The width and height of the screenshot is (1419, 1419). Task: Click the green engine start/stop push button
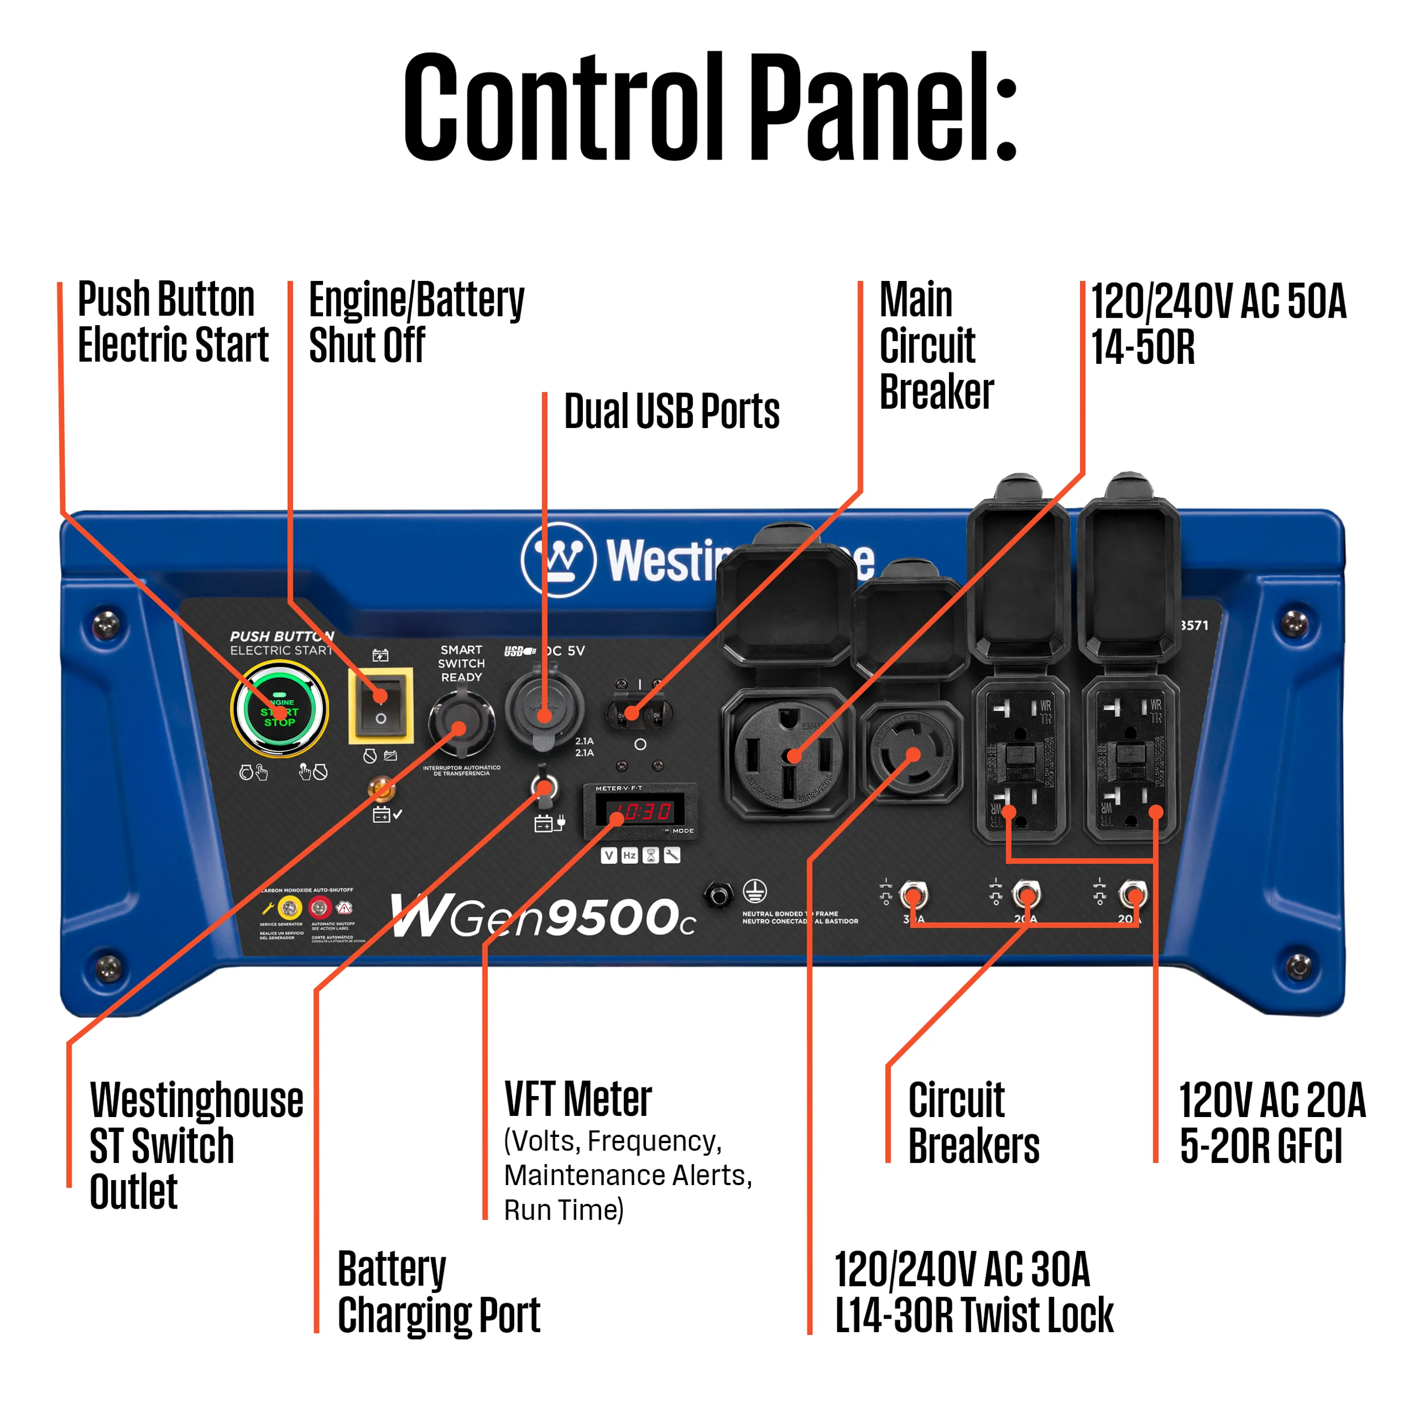[279, 710]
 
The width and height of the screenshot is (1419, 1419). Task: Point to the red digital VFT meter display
[639, 811]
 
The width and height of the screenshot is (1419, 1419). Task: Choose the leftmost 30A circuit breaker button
[913, 895]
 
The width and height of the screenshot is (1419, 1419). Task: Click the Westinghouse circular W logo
[558, 560]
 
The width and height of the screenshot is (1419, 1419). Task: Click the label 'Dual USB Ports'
[671, 412]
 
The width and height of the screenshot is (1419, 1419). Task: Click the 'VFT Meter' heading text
[578, 1099]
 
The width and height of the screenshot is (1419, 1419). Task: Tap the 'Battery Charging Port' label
[439, 1292]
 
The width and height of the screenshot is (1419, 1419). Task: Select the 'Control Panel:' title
[709, 107]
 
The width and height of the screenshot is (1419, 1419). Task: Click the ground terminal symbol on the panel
[755, 891]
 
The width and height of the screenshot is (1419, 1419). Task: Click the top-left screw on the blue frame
[107, 625]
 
